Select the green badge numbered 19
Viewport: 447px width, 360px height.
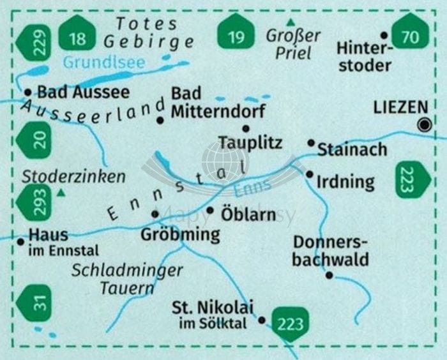236,36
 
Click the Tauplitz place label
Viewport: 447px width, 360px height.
250,143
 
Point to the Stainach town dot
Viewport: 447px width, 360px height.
311,143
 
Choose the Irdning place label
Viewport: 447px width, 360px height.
345,182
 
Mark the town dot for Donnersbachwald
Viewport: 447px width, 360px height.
329,275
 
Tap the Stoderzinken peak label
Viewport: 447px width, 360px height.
73,177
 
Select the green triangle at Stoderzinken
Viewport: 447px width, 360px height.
61,192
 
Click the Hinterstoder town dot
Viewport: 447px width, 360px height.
384,36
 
